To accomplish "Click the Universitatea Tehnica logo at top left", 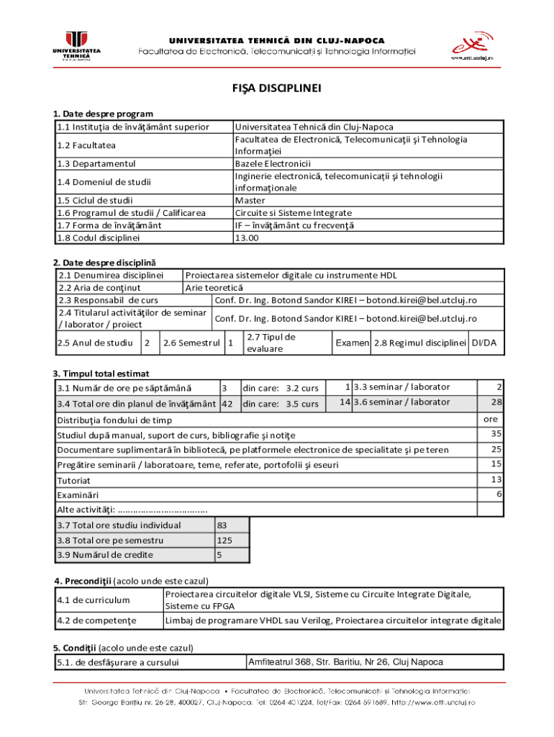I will click(x=76, y=46).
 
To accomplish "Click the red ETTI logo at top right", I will click(x=471, y=45).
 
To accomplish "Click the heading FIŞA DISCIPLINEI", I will click(x=277, y=89).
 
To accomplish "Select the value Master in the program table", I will click(x=250, y=200).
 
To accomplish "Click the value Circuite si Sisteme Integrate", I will click(x=293, y=213).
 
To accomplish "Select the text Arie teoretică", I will click(x=214, y=287).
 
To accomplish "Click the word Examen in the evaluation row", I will click(x=352, y=343).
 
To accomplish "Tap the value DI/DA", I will click(x=483, y=343).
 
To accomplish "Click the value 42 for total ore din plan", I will click(x=227, y=404).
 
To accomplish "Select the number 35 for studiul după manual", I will click(x=496, y=434).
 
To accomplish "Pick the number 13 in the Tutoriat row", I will click(x=496, y=479).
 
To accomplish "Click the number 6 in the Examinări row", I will click(x=499, y=494).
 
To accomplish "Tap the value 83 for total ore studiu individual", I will click(x=222, y=525).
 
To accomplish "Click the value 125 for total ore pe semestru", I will click(x=224, y=541).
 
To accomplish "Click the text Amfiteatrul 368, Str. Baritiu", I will click(x=345, y=662).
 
